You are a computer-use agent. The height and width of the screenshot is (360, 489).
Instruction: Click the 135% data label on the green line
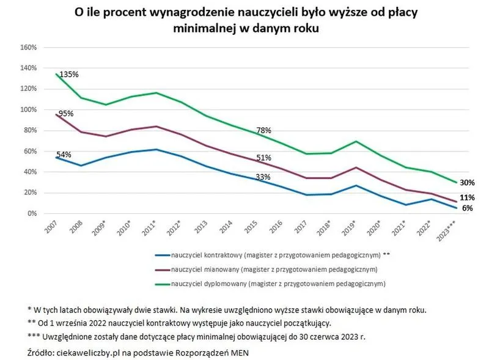coord(69,75)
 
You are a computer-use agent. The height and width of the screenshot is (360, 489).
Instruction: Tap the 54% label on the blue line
coord(64,154)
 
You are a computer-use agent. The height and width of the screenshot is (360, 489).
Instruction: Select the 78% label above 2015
coord(263,130)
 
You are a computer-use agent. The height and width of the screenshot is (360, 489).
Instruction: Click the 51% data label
coord(263,158)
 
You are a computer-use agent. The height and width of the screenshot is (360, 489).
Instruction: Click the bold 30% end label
coord(468,183)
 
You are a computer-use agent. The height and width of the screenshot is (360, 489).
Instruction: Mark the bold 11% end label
coord(467,198)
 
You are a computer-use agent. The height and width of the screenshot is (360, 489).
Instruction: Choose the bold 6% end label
coord(468,208)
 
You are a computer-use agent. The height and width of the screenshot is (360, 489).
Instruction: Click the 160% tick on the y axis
coord(29,48)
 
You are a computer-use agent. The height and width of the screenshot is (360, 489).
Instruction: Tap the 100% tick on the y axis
coord(29,110)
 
